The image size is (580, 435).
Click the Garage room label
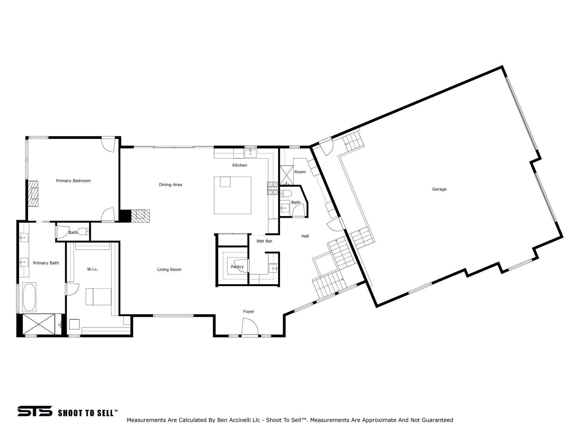coord(439,189)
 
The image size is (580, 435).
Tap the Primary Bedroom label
coord(73,181)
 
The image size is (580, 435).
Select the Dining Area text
coord(170,185)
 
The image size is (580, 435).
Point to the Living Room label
coord(169,269)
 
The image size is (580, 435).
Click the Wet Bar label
coord(264,241)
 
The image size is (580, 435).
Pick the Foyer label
coord(249,311)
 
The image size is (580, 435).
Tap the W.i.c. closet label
coord(92,269)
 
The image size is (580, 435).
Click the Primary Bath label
coord(46,263)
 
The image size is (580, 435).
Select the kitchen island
coord(233,195)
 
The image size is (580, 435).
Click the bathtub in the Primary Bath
coord(30,297)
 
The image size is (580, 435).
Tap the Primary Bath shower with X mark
coord(39,324)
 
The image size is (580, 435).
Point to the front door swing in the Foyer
coord(250,327)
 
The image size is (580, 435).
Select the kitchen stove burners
coord(272,188)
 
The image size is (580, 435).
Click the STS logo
coord(35,411)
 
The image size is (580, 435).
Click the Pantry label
coord(237,267)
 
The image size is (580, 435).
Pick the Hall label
coord(305,236)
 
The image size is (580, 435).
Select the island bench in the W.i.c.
coord(98,297)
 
